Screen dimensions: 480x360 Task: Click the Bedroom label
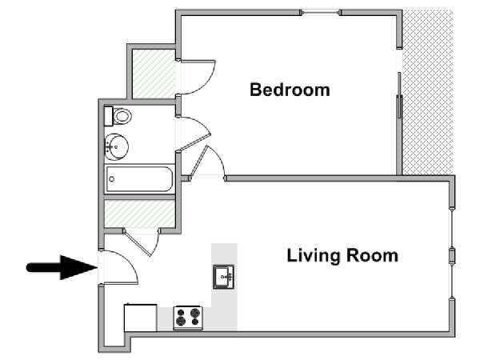290,90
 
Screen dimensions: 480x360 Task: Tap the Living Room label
342,256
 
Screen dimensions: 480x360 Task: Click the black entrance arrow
62,267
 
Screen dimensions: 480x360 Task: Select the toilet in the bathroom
118,116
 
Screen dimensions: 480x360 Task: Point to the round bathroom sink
116,147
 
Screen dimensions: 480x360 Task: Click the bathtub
139,179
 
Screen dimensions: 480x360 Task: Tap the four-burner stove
188,318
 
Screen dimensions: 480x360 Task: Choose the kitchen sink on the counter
224,277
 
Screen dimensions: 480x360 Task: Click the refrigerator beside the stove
141,318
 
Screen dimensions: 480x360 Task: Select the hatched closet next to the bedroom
154,74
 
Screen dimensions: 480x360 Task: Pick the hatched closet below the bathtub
139,214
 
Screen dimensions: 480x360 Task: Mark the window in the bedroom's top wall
320,13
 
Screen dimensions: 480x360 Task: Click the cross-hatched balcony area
428,93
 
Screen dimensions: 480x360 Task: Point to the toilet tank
108,116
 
